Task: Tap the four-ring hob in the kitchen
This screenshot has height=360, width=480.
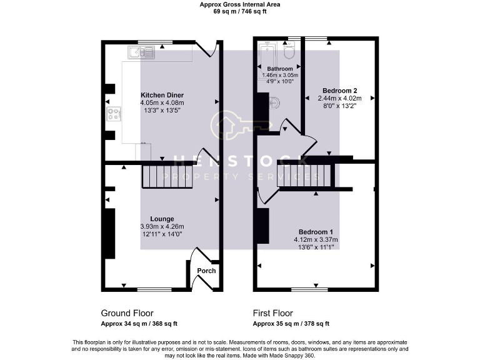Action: point(114,114)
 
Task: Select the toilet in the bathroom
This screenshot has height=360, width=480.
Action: point(289,50)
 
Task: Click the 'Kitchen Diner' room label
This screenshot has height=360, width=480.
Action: point(162,95)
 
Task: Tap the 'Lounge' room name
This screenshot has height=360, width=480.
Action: point(162,219)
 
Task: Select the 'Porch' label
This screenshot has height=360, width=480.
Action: point(206,271)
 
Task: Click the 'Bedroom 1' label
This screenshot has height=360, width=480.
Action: point(316,231)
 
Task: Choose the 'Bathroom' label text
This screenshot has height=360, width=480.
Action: point(280,69)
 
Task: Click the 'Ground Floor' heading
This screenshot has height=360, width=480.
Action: point(127,312)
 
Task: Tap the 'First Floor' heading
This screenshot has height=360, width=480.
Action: point(273,312)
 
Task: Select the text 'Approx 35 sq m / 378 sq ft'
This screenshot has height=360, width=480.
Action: point(291,324)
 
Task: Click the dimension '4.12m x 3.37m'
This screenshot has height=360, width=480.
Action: point(316,239)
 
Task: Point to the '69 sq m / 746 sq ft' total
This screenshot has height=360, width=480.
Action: point(239,11)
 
